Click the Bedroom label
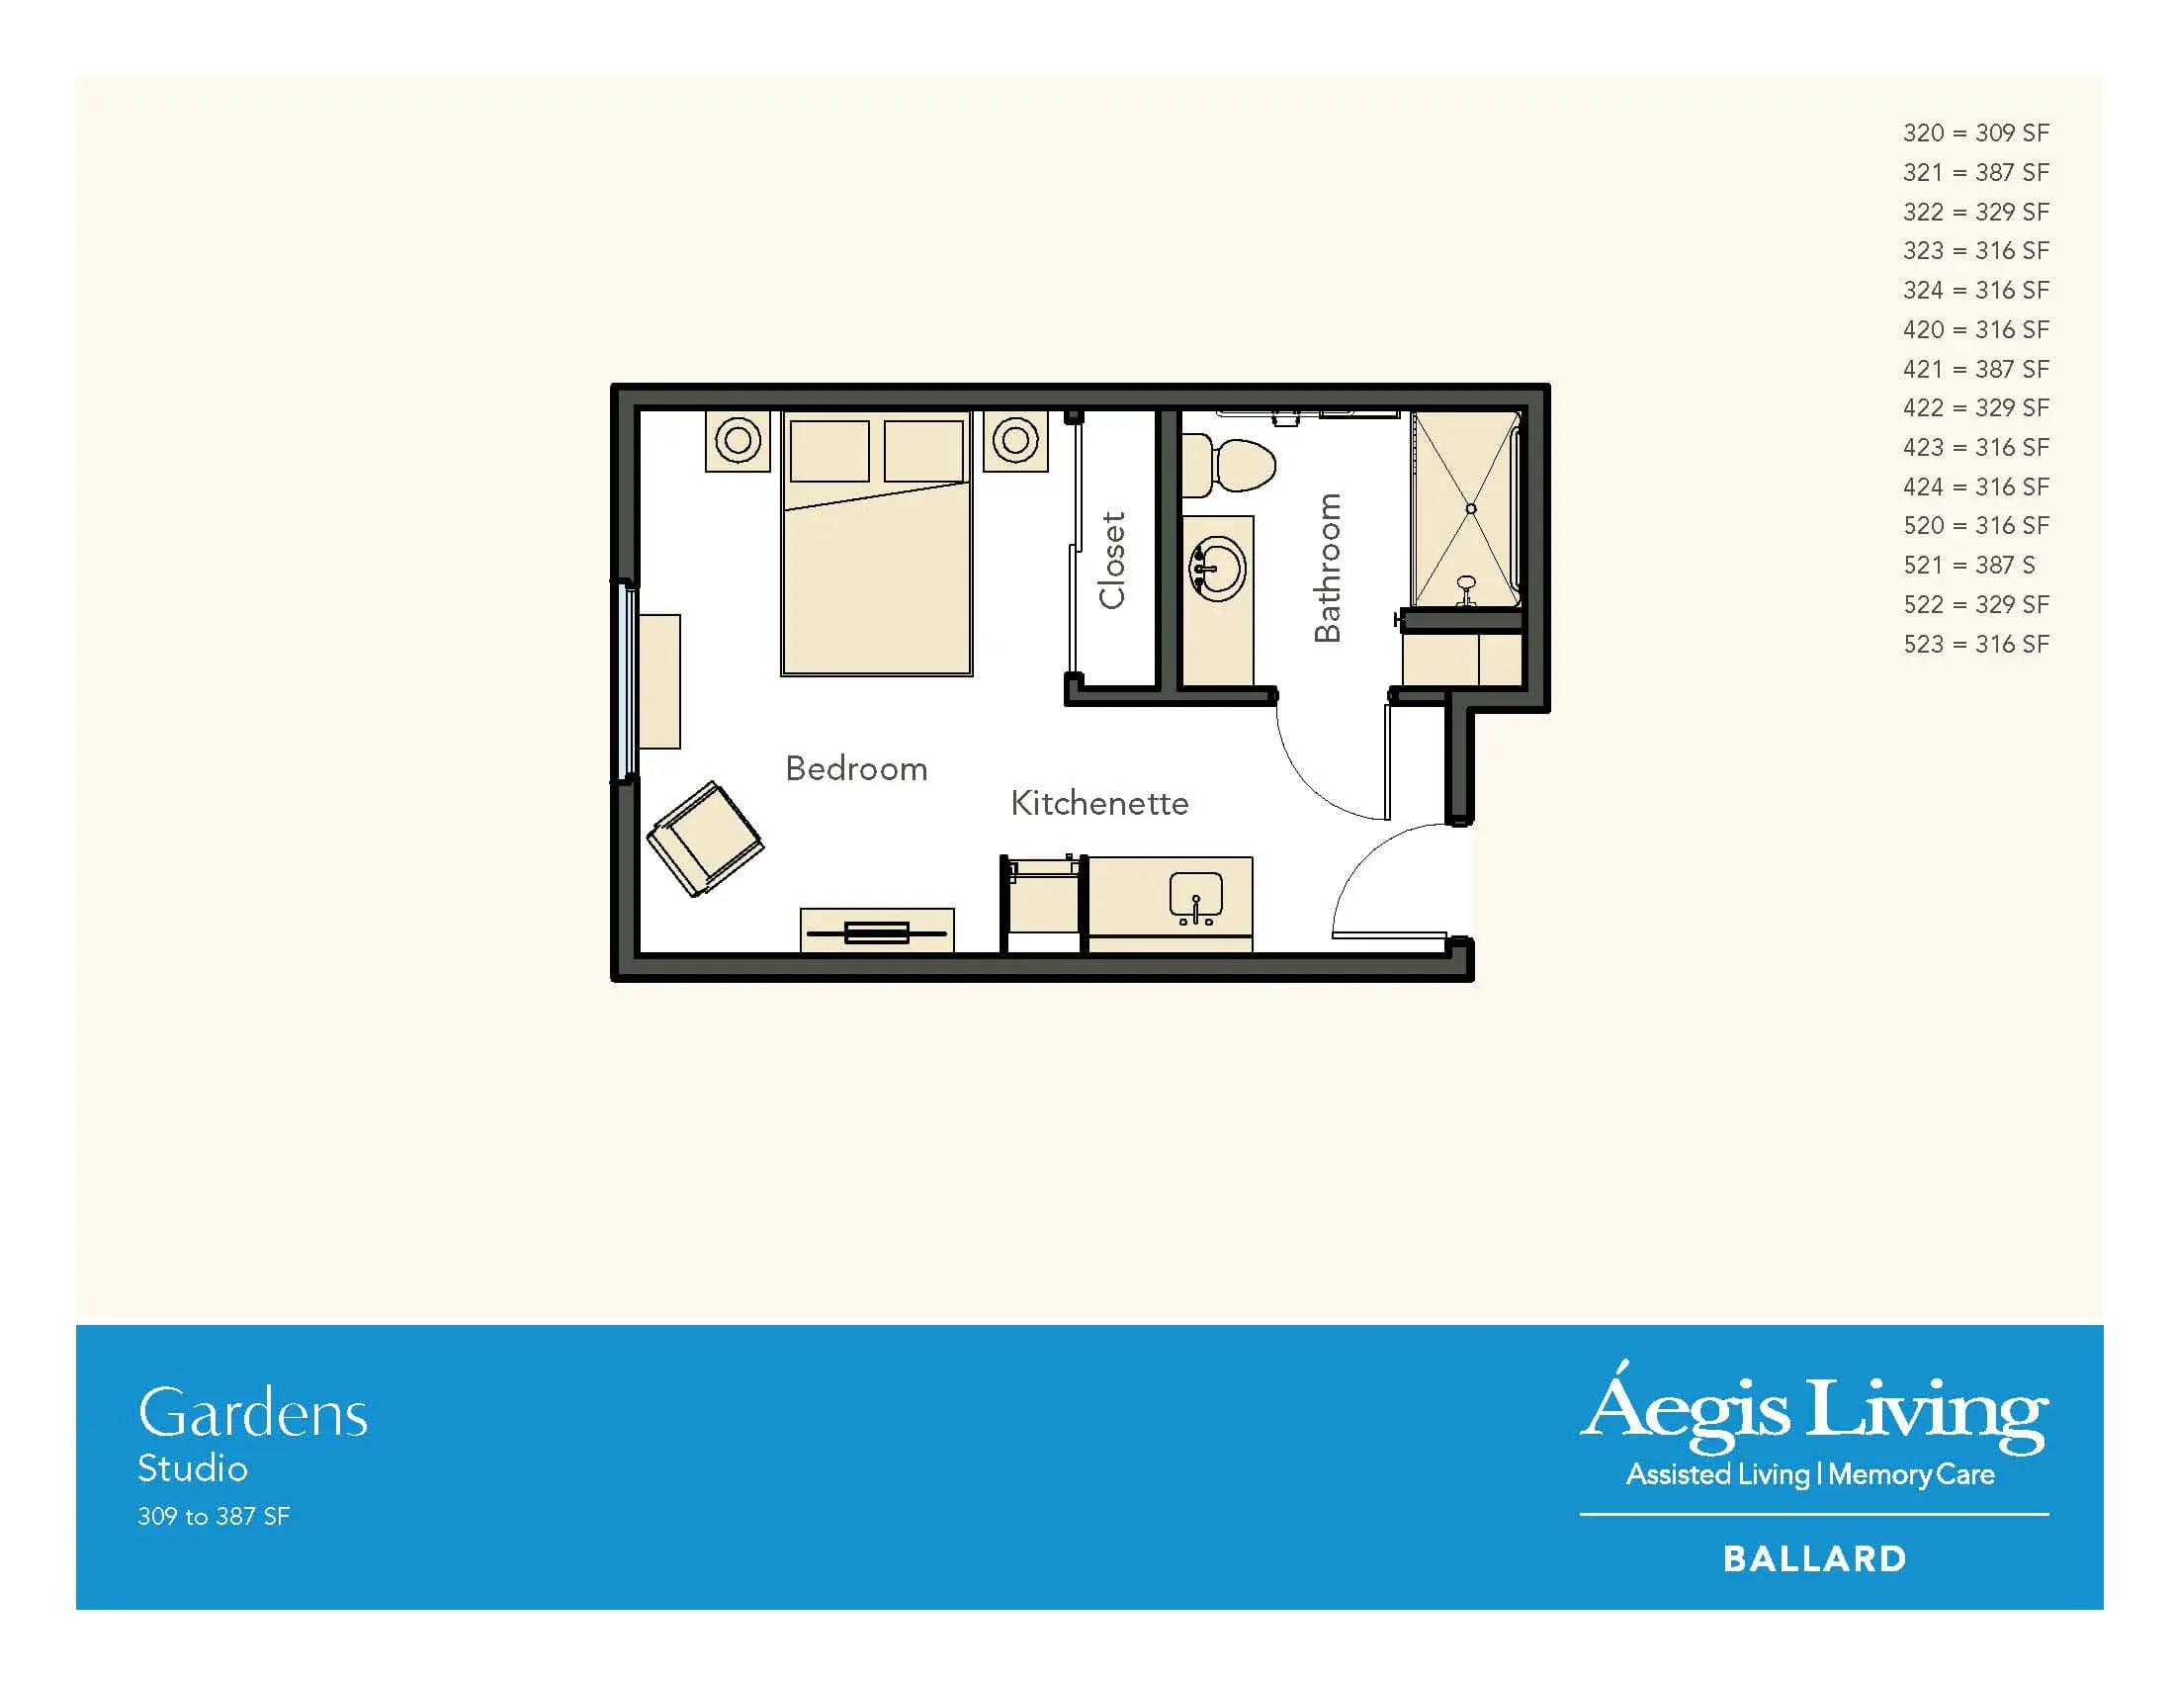point(856,768)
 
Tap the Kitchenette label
point(1099,803)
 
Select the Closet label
point(1111,560)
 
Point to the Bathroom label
point(1328,568)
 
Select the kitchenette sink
point(1196,898)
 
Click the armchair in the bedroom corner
point(705,839)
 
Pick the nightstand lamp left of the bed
point(738,439)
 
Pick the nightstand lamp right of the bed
point(1014,439)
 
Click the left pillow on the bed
point(829,451)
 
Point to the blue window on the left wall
point(627,681)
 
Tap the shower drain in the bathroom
point(1471,509)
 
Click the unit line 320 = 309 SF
point(1976,133)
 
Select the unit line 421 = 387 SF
point(1976,369)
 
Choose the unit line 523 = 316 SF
point(1976,644)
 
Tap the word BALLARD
point(1814,1558)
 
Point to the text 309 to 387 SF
point(214,1516)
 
